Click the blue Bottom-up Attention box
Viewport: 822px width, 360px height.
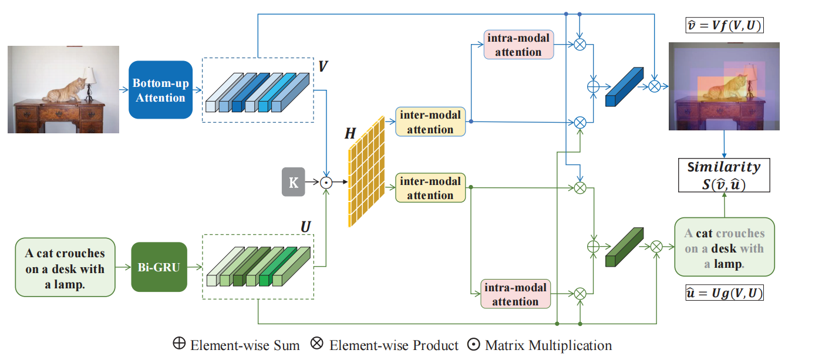(x=160, y=90)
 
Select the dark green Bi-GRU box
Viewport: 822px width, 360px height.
(x=159, y=267)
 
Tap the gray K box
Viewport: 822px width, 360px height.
(x=294, y=182)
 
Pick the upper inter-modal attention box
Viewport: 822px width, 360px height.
(x=430, y=122)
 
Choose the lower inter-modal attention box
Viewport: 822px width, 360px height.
(x=430, y=188)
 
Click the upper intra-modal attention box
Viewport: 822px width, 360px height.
(x=518, y=45)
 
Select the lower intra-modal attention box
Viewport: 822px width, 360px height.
(x=515, y=294)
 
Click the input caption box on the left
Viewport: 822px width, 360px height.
(x=65, y=267)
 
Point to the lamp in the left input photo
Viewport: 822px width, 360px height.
(x=89, y=80)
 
